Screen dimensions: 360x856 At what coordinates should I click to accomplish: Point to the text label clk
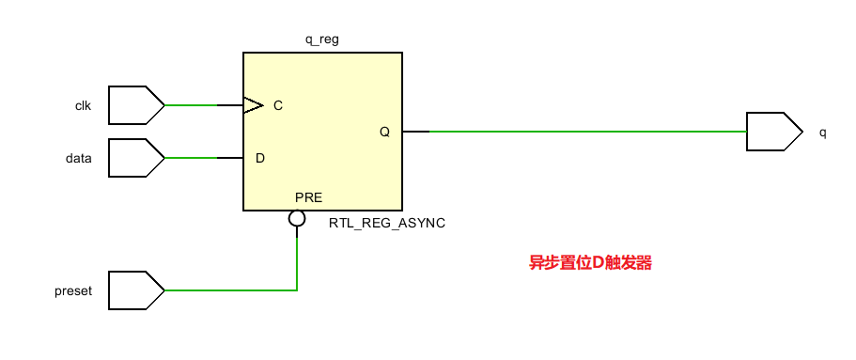tap(83, 105)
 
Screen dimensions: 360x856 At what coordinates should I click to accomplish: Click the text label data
tap(79, 158)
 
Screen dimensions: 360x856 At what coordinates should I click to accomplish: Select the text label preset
tap(73, 290)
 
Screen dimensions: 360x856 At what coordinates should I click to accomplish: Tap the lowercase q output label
tap(823, 133)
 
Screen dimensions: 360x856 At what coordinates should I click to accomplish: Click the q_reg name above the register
tap(323, 40)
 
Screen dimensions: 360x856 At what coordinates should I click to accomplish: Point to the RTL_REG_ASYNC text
tap(387, 224)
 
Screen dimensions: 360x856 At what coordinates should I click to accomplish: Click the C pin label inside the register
tap(278, 105)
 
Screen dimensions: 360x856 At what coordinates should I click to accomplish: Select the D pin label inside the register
tap(260, 158)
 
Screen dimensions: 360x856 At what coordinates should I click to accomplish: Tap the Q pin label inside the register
tap(384, 132)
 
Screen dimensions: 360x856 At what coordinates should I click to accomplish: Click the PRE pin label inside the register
tap(309, 198)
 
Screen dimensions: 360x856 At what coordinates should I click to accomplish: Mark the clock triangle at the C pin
tap(253, 105)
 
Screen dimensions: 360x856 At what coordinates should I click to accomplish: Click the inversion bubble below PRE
tap(297, 219)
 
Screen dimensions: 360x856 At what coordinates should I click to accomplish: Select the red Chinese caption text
tap(590, 263)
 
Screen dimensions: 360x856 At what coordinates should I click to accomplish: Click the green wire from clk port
tap(192, 105)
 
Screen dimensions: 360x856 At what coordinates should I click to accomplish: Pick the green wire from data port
tap(192, 158)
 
